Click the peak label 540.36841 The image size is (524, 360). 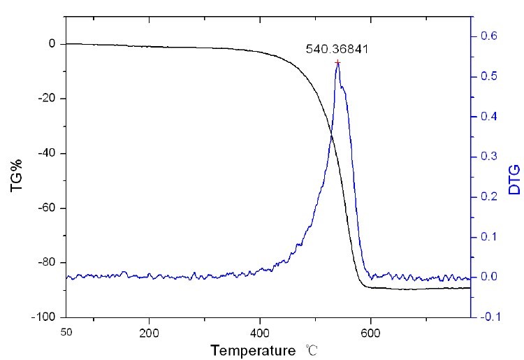(x=337, y=50)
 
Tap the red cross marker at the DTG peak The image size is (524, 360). (x=337, y=63)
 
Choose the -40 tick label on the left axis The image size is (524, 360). (x=46, y=153)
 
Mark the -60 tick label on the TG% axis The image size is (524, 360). (x=46, y=208)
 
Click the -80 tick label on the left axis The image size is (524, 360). (x=46, y=262)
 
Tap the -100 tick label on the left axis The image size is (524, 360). (x=43, y=317)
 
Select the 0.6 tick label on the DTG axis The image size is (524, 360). (x=491, y=36)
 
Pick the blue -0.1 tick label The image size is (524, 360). (x=489, y=317)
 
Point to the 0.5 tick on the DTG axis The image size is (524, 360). (x=491, y=76)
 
